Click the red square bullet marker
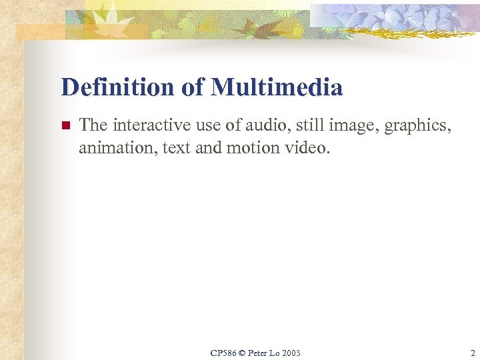(x=65, y=125)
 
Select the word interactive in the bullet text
(x=144, y=125)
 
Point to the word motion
(x=250, y=147)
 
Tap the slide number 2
(x=472, y=353)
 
